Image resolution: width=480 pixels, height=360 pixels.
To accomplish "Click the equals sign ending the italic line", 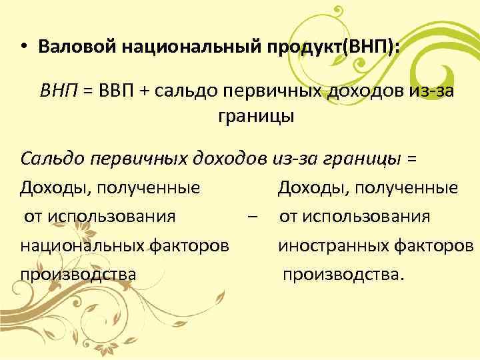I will point(411,159).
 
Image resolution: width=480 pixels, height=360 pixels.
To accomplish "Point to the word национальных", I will point(80,245).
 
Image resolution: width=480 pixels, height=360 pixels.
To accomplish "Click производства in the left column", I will point(78,274).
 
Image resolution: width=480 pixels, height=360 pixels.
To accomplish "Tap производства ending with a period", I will point(343,274).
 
